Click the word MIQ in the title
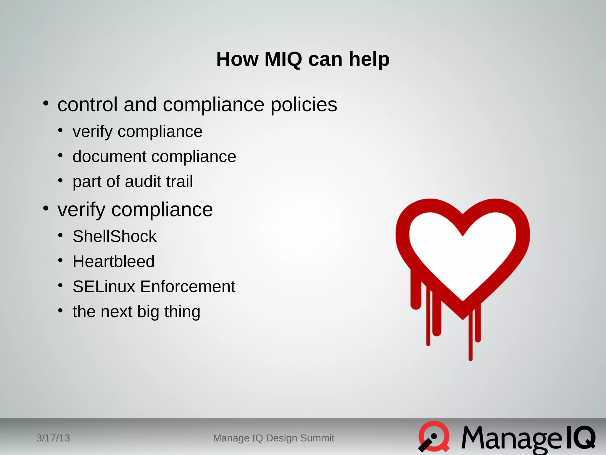click(283, 59)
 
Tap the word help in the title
click(369, 59)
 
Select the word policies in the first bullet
click(304, 105)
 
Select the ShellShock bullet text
click(115, 236)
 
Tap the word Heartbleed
click(114, 261)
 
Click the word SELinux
click(104, 286)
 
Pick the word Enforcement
click(188, 286)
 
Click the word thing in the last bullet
click(182, 312)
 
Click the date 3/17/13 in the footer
click(53, 438)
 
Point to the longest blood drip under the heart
click(470, 341)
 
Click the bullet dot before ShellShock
click(60, 235)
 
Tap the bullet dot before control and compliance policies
click(46, 103)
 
